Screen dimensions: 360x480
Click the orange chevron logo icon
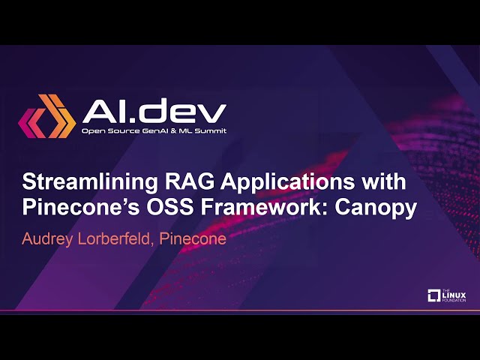47,117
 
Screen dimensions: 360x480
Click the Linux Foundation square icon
433,295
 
